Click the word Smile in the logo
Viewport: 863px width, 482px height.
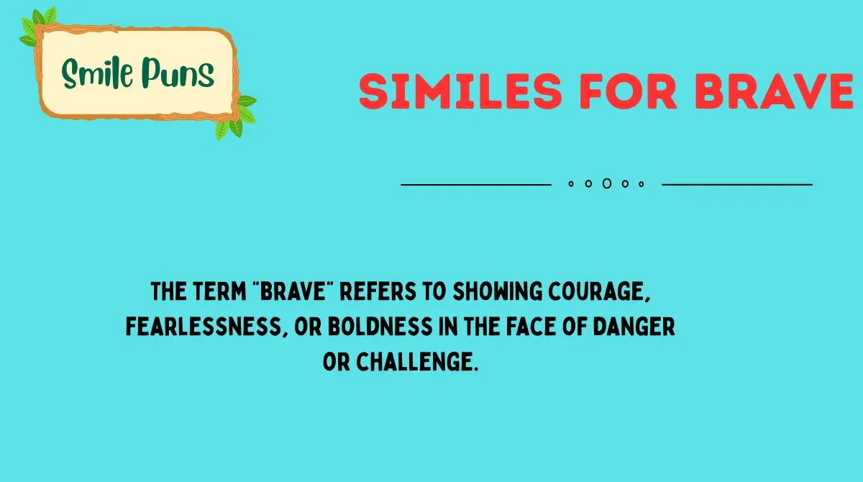pyautogui.click(x=97, y=73)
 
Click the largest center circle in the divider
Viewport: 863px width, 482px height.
pyautogui.click(x=606, y=184)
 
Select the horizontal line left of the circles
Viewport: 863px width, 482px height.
pyautogui.click(x=475, y=185)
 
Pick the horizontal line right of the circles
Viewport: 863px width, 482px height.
pyautogui.click(x=736, y=185)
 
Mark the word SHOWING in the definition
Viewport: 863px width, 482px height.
pyautogui.click(x=496, y=294)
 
